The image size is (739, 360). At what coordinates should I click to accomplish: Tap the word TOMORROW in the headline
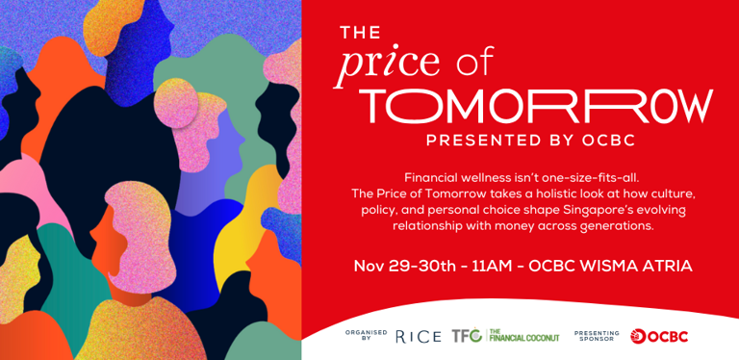536,107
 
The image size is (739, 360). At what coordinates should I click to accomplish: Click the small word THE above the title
361,34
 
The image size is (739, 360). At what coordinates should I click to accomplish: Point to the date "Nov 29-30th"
404,266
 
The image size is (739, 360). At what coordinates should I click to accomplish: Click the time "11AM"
494,266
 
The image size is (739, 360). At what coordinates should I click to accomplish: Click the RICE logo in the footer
418,336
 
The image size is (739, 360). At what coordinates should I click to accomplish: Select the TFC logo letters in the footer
468,336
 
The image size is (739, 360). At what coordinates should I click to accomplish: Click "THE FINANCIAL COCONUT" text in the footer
524,336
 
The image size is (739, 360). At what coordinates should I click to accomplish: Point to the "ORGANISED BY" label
366,336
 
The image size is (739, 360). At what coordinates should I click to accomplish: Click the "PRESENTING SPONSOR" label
597,336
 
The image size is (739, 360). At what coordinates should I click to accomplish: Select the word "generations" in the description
617,226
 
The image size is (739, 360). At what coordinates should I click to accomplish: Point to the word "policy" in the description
380,210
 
